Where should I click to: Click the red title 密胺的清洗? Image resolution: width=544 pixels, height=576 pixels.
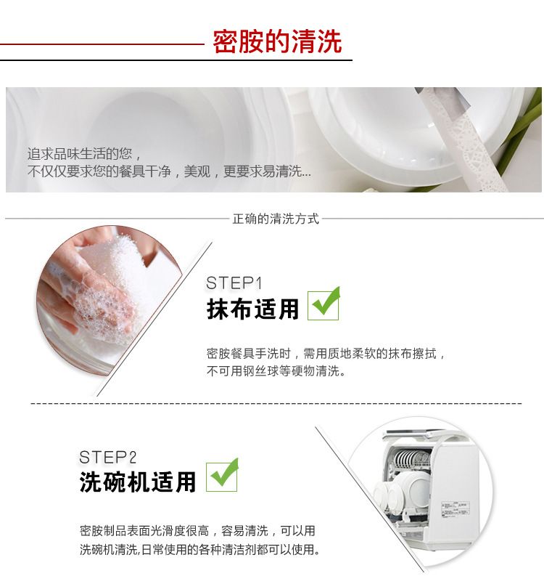point(277,41)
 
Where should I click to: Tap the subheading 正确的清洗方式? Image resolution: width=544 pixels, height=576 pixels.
point(276,219)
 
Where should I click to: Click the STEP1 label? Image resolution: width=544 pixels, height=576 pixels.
point(234,283)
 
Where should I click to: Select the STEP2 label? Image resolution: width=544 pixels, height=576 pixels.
point(107,458)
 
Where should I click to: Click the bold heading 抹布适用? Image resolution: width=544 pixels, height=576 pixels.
point(252,309)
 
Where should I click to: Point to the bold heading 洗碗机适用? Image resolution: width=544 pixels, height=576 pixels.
point(138,482)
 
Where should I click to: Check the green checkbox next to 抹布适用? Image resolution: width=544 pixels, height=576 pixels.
point(323,304)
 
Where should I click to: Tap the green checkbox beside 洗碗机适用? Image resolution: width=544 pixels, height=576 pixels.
point(222,476)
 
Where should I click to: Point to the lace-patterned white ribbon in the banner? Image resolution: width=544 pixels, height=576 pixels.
point(466,143)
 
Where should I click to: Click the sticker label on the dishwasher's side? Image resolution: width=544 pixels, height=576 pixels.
point(456,509)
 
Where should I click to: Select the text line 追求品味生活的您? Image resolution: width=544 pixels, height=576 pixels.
point(84,154)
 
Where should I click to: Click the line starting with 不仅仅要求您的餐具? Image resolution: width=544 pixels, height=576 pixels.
point(169,171)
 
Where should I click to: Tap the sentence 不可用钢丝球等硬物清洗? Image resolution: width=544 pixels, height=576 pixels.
point(276,371)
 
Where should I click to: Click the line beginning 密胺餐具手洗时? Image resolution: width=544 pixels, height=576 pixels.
point(326,354)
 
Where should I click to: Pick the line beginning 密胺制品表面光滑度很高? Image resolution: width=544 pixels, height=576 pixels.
point(197,531)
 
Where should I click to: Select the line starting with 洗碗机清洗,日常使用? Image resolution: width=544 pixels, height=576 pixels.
point(200,550)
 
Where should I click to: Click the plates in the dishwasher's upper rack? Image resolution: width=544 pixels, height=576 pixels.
point(411,458)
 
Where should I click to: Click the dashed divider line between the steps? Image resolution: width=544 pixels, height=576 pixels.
point(276,404)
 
